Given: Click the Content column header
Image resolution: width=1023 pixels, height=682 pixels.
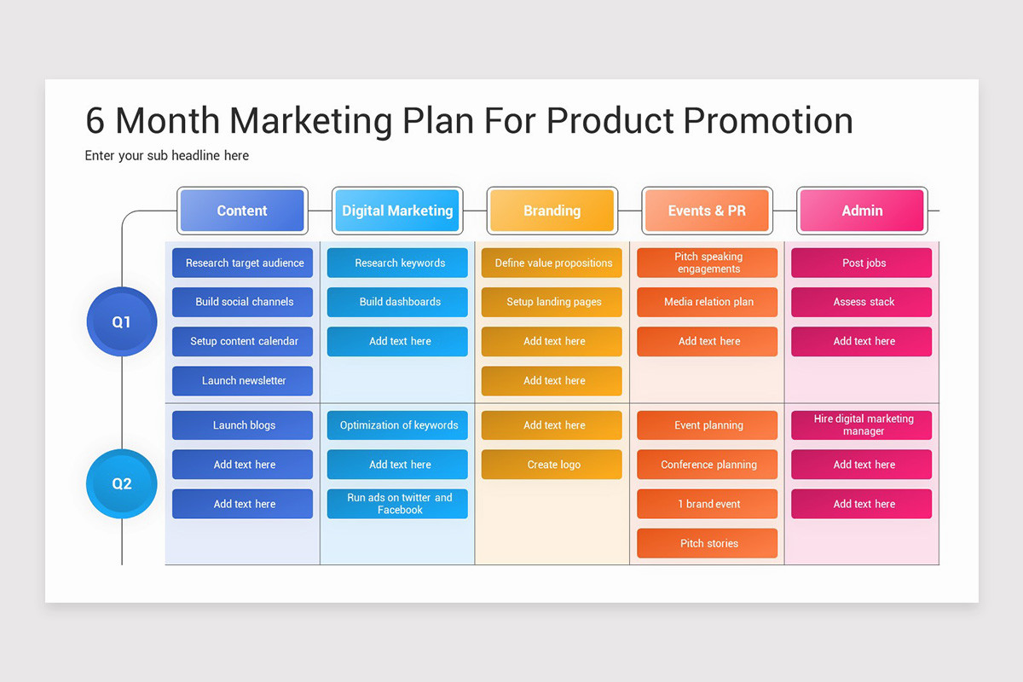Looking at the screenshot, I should click(x=242, y=211).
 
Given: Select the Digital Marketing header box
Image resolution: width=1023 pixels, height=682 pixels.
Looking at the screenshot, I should click(x=397, y=211).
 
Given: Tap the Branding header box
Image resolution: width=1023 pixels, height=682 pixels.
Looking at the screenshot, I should click(x=552, y=211).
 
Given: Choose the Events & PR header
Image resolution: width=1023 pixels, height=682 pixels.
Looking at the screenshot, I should click(x=707, y=211).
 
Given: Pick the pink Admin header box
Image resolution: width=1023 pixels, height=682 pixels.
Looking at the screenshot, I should click(x=862, y=211).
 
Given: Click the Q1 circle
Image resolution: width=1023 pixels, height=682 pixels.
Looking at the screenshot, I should click(x=122, y=322).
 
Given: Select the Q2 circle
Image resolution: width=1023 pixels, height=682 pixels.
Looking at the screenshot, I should click(x=122, y=483).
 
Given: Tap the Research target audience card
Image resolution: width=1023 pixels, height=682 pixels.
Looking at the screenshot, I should click(x=243, y=263).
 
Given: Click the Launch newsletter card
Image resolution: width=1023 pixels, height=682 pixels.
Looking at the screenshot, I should click(x=243, y=381).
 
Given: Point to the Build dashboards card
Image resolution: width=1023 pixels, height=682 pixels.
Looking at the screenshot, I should click(x=398, y=302).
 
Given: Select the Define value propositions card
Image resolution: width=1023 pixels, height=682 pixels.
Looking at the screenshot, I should click(x=552, y=263).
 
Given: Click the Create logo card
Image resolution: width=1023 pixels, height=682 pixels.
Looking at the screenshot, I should click(x=552, y=465).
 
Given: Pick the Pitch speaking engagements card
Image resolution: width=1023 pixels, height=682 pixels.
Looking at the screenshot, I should click(x=708, y=263).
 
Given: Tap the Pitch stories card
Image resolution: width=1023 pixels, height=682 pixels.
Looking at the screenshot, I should click(x=708, y=543).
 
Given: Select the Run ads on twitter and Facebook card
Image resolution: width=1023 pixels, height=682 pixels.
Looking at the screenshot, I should click(x=398, y=504).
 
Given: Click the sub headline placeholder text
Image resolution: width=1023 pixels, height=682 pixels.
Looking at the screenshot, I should click(x=167, y=155).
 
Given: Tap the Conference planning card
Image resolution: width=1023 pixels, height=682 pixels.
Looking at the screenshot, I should click(x=708, y=465).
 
